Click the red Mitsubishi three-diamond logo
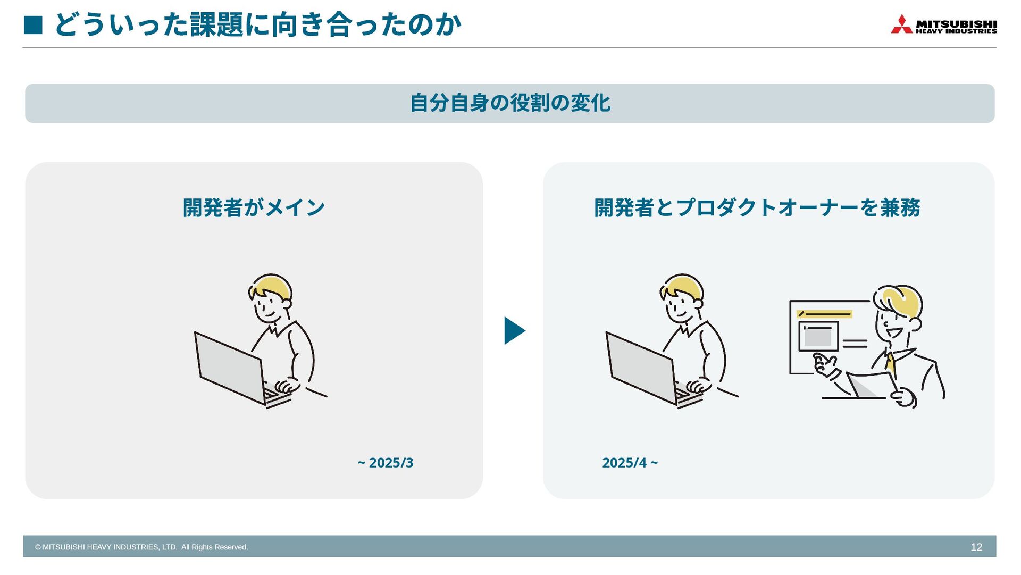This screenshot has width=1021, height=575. (x=901, y=24)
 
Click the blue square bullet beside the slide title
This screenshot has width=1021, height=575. (x=33, y=25)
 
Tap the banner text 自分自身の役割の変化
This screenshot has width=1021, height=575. (x=510, y=103)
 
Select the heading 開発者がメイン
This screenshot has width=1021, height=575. (x=254, y=207)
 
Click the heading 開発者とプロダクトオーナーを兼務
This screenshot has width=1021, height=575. (x=757, y=207)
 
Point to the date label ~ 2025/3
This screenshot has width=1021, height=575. (x=386, y=463)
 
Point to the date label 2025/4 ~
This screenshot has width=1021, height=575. (x=630, y=463)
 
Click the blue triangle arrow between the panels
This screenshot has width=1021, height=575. (x=514, y=331)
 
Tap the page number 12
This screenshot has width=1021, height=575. (x=976, y=547)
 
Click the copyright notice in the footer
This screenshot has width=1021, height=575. (x=141, y=547)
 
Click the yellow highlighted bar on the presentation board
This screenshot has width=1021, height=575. (x=824, y=314)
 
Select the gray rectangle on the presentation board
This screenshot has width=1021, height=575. (x=818, y=337)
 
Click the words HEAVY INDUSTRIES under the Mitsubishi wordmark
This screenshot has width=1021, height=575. (x=956, y=31)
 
